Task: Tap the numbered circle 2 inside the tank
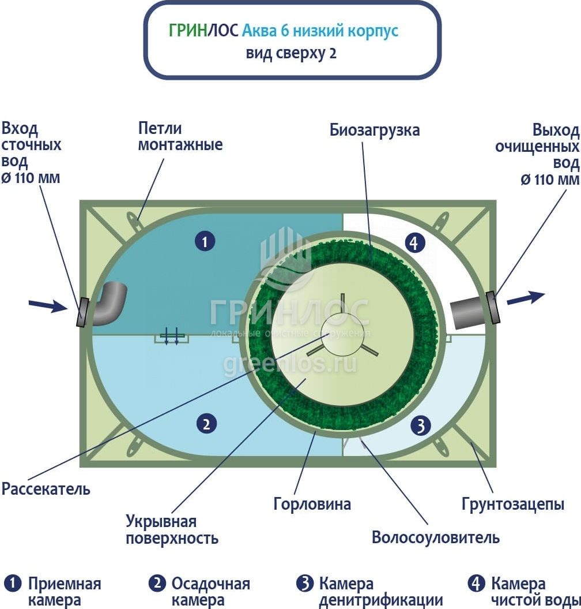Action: (206, 424)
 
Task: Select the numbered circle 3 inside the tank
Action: (420, 426)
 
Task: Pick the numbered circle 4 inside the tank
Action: (413, 242)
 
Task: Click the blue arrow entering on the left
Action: (48, 305)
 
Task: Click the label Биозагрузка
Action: (375, 130)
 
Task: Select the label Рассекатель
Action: (46, 490)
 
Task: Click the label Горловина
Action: (312, 504)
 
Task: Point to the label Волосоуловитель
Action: (435, 538)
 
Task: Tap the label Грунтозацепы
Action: (512, 504)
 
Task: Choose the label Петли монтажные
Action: (180, 136)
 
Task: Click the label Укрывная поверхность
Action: (172, 530)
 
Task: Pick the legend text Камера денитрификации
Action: (380, 592)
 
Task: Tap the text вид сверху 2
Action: (291, 54)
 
